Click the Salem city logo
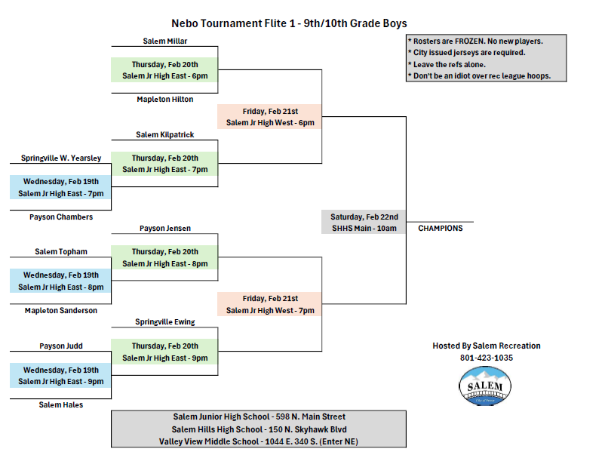(x=484, y=386)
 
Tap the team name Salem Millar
(x=164, y=41)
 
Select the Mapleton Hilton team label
(x=164, y=99)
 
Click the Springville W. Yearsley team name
(x=61, y=158)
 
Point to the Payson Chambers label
(x=61, y=217)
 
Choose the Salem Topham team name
(x=61, y=251)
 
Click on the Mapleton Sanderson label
(x=61, y=311)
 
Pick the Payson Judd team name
(x=61, y=346)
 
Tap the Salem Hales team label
(x=61, y=404)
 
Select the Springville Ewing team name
(x=164, y=321)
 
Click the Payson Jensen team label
(x=164, y=229)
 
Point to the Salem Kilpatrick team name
(x=164, y=134)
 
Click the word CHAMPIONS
(x=441, y=229)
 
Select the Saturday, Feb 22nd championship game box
(x=364, y=223)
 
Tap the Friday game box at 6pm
(x=270, y=116)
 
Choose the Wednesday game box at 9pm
(x=60, y=376)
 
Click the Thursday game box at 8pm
(x=164, y=257)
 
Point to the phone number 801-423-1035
(x=486, y=358)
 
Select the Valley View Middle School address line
(x=259, y=441)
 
